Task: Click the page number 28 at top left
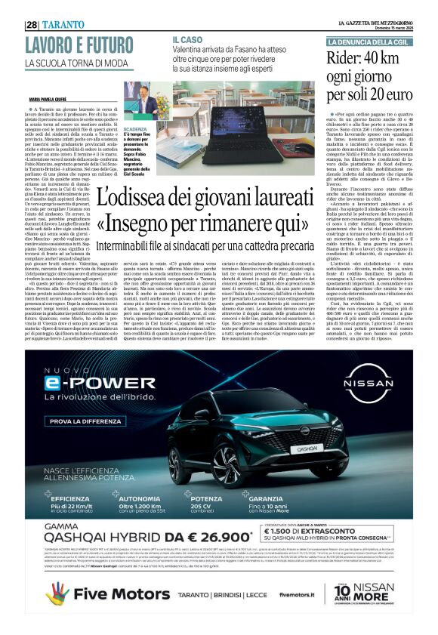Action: (x=32, y=24)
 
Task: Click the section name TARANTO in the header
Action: (x=63, y=24)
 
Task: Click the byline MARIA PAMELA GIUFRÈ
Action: (x=50, y=99)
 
